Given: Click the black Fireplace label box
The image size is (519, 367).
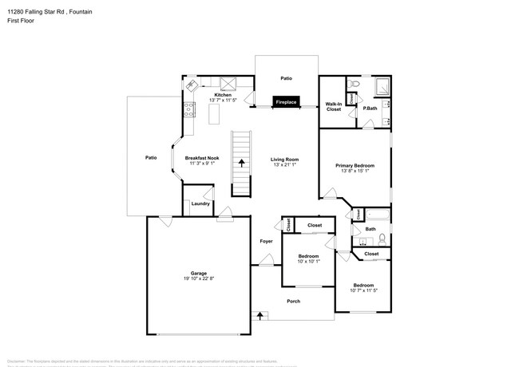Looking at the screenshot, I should click(x=286, y=103).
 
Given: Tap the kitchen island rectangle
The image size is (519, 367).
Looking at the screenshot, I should click(x=215, y=116).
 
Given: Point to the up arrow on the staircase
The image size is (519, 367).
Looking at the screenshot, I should click(x=241, y=163).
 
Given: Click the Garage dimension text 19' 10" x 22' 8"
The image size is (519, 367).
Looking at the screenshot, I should click(x=198, y=278).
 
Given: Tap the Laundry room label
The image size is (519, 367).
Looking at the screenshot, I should click(x=200, y=203).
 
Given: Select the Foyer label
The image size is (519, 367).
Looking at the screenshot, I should click(x=266, y=241).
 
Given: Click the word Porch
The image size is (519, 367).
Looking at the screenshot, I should click(x=293, y=302).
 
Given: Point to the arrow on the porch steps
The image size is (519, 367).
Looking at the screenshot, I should click(x=259, y=316).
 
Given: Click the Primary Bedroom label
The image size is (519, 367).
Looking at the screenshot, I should click(x=355, y=165).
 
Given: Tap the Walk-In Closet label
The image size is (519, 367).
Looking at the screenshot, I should click(x=334, y=106).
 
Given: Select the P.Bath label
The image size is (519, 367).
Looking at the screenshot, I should click(x=370, y=108).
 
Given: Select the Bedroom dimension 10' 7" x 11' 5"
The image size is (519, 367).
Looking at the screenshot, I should click(x=363, y=290).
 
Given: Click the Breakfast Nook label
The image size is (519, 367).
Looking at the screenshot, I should click(x=202, y=158).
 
